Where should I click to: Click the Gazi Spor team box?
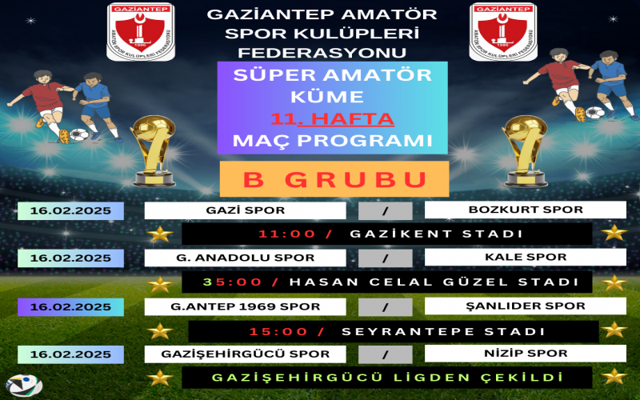245,210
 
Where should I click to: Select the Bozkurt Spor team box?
526,210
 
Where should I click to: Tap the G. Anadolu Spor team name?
245,258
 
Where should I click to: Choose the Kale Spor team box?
526,257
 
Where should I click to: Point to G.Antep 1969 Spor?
245,306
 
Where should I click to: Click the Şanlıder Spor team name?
526,306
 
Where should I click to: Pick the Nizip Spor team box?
526,354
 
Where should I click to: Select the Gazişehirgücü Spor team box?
245,354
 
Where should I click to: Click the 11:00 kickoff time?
287,234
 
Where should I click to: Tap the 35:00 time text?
232,282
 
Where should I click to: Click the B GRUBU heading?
334,179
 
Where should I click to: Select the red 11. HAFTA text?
332,118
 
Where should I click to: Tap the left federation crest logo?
141,32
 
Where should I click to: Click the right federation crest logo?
503,32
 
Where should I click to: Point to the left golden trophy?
153,151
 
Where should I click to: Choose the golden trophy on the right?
524,151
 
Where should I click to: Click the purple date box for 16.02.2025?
70,307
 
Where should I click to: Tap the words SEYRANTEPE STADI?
443,331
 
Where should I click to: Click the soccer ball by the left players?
78,134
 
